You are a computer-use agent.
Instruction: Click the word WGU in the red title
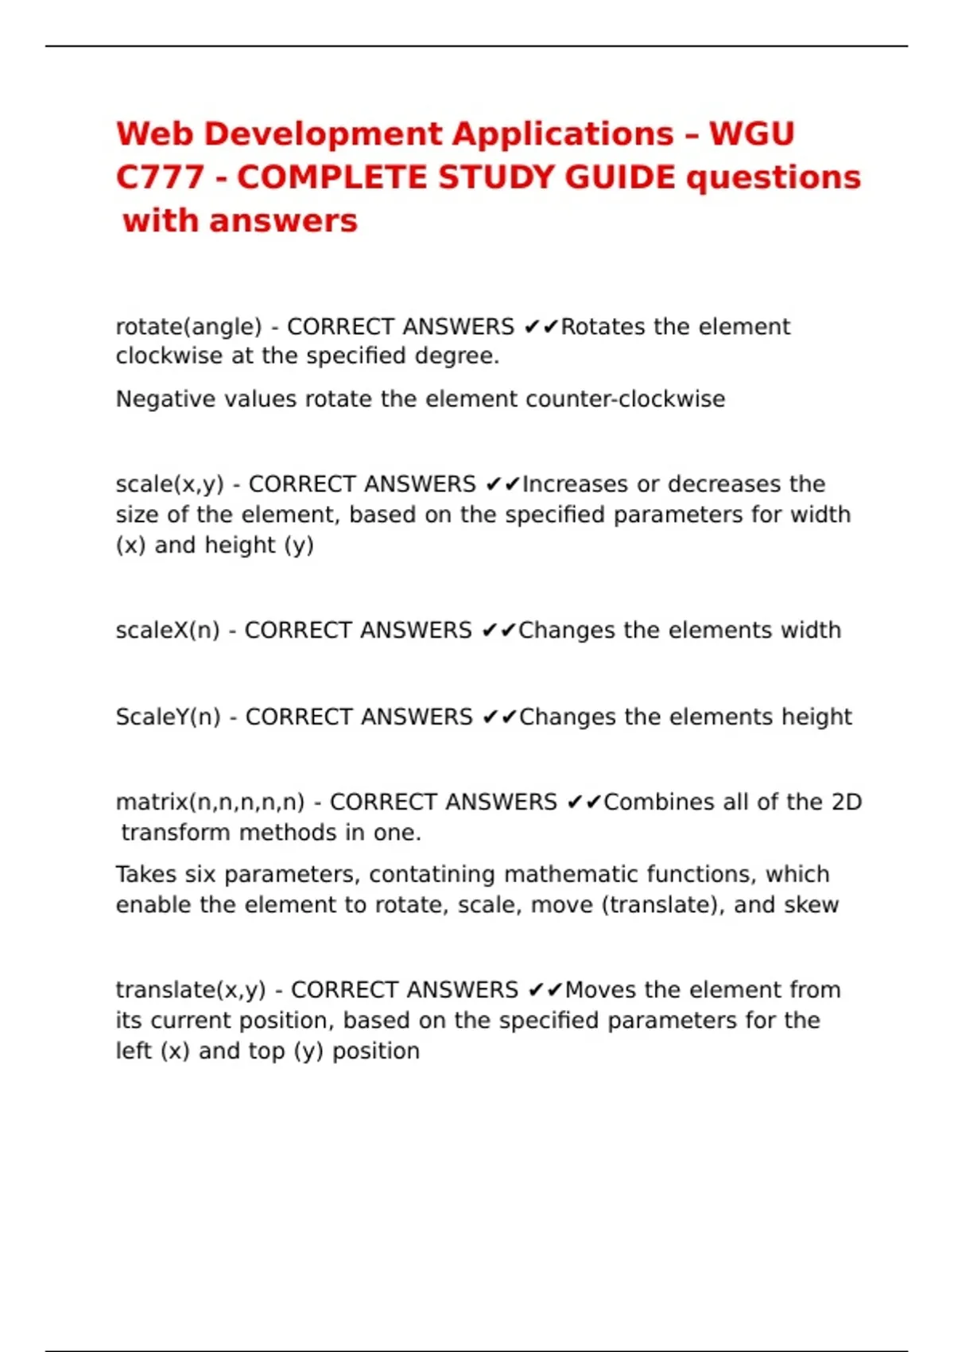point(751,134)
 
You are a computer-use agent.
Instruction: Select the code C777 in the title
point(160,177)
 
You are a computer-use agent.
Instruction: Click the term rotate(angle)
point(188,327)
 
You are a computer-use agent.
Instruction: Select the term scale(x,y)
point(169,484)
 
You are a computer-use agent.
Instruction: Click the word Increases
point(574,484)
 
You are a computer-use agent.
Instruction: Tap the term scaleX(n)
point(167,631)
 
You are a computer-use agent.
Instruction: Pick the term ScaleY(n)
point(168,717)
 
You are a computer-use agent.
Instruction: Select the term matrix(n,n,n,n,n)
point(210,802)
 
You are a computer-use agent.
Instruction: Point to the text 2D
point(846,802)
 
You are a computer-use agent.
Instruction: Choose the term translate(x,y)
point(190,990)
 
